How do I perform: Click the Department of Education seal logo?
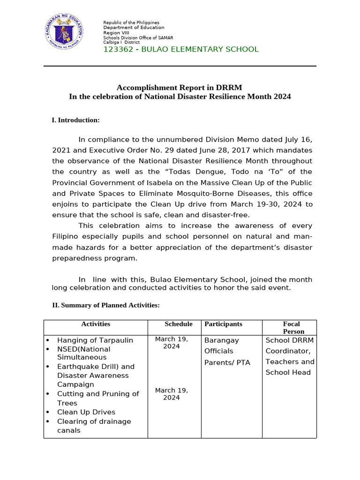coord(66,32)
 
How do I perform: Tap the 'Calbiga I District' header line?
coord(121,42)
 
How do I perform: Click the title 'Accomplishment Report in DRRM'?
coord(180,87)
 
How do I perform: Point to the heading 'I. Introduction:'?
coord(75,120)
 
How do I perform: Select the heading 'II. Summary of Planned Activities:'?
coord(105,305)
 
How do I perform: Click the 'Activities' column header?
coord(96,324)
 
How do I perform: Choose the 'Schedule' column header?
coord(179,324)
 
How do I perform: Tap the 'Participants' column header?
coord(223,324)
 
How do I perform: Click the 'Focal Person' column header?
coord(291,328)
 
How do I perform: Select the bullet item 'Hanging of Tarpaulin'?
coord(95,340)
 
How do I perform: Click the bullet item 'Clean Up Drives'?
coord(86,412)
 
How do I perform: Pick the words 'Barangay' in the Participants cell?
coord(221,340)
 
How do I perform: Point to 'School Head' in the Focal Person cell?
coord(288,373)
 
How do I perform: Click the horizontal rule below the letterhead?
coord(180,66)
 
